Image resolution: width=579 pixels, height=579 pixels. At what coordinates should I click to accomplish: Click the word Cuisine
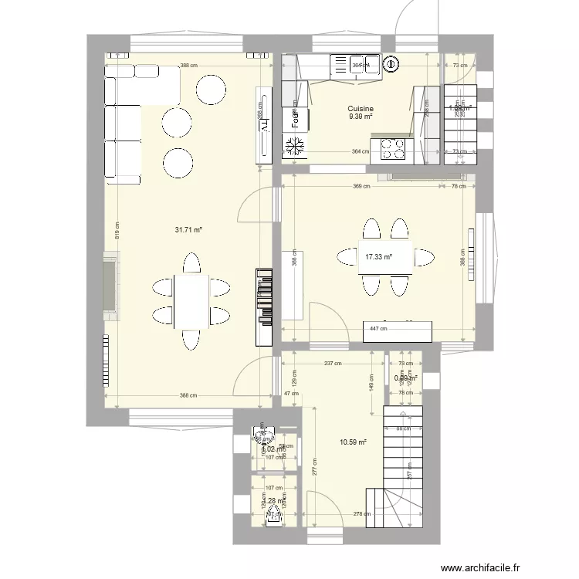click(x=361, y=109)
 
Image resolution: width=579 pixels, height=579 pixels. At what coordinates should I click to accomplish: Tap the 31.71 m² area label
click(x=188, y=229)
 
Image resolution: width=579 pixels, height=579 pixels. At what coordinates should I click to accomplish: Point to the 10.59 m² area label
click(x=352, y=442)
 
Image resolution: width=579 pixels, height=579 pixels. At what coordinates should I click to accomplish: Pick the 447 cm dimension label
click(x=378, y=328)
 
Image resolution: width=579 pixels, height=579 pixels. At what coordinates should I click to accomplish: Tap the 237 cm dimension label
click(x=334, y=363)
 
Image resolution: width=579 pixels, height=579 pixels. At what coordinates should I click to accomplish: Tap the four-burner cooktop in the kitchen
click(x=390, y=147)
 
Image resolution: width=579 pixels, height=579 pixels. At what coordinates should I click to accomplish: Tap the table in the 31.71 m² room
click(x=191, y=301)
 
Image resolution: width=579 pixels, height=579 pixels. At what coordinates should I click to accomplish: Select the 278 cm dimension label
click(x=361, y=514)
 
